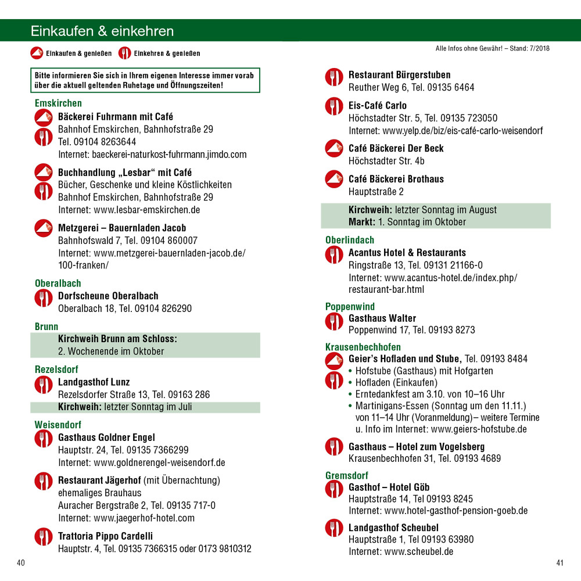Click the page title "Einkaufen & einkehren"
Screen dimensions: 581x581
click(102, 31)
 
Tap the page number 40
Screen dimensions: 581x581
click(21, 562)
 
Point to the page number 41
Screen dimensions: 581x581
click(560, 562)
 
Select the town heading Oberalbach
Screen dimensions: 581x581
click(58, 284)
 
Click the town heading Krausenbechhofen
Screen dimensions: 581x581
click(363, 347)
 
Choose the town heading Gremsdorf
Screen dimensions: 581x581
click(347, 476)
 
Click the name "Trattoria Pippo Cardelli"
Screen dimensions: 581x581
click(105, 536)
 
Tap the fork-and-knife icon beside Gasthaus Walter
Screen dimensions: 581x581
click(334, 321)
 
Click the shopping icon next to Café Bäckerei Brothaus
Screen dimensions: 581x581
click(334, 180)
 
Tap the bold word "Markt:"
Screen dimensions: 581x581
click(362, 222)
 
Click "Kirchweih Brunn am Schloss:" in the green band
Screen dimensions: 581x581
click(117, 339)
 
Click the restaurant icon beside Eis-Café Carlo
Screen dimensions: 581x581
click(334, 106)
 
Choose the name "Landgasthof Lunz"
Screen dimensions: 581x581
click(94, 382)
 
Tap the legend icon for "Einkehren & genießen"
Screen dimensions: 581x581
click(124, 53)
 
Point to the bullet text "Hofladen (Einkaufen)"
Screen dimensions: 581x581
click(396, 382)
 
